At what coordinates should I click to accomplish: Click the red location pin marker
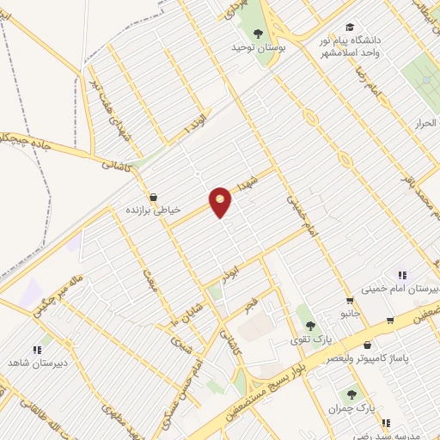(x=221, y=200)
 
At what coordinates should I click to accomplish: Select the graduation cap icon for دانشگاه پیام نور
(x=349, y=27)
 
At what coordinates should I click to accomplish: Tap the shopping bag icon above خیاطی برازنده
(x=153, y=197)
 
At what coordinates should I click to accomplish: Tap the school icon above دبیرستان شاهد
(x=36, y=350)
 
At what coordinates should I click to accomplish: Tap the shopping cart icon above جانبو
(x=348, y=301)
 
